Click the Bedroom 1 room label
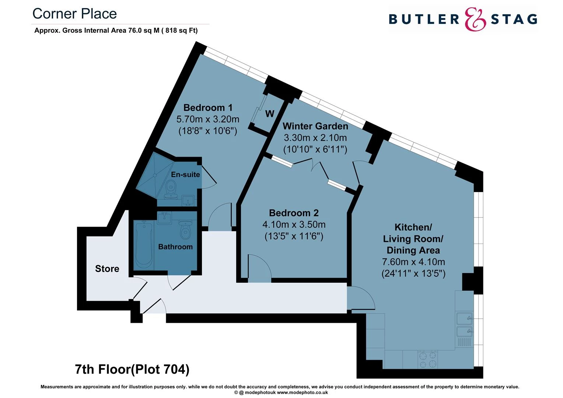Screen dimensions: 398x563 point(208,108)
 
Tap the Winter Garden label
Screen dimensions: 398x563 point(315,126)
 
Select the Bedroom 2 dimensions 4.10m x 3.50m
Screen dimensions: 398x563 point(294,224)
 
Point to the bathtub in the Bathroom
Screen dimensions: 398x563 point(143,245)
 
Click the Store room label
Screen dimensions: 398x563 point(107,269)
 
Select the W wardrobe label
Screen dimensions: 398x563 point(270,114)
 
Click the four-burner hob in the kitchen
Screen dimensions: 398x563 point(427,360)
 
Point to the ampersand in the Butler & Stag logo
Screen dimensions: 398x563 point(475,19)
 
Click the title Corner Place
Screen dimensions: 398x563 point(74,14)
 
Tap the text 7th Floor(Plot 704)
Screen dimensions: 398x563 point(132,369)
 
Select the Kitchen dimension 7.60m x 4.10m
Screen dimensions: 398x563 point(413,262)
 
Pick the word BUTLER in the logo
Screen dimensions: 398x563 point(424,19)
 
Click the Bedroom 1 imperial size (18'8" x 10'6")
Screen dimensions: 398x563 point(208,131)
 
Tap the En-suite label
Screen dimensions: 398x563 point(185,174)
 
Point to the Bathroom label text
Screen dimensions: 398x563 point(175,247)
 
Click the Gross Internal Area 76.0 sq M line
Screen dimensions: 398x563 point(116,31)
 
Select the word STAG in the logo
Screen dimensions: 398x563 point(514,19)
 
